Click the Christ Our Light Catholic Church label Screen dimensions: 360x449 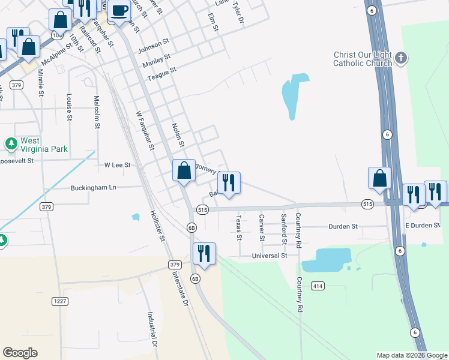click(x=363, y=59)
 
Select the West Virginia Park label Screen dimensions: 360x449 click(x=44, y=145)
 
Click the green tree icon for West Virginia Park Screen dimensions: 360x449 click(x=11, y=143)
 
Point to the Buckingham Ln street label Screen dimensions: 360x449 click(x=93, y=188)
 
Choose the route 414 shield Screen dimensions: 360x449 click(x=318, y=286)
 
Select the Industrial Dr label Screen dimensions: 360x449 click(x=152, y=329)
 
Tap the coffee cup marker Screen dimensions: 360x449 click(x=119, y=11)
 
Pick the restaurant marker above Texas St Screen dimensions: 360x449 click(x=229, y=183)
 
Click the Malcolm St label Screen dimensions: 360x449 click(x=96, y=112)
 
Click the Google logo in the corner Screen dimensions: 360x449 click(x=20, y=353)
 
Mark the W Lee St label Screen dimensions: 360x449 click(x=117, y=164)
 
